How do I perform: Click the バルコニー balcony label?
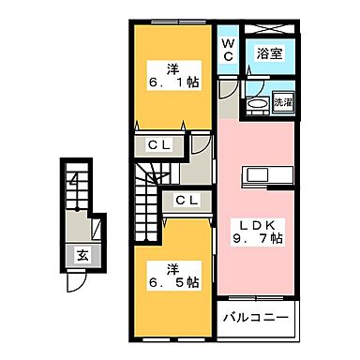click(x=255, y=315)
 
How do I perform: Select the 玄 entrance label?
click(x=83, y=252)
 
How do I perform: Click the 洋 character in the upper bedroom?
click(x=172, y=67)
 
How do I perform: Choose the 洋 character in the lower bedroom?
click(x=172, y=268)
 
